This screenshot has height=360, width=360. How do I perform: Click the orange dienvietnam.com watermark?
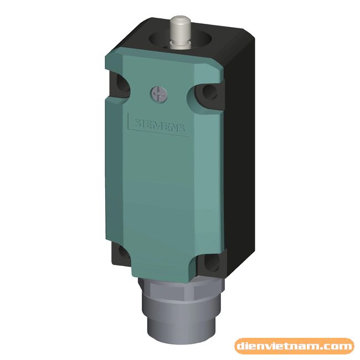tap(294, 347)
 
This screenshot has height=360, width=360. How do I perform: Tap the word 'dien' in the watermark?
tap(253, 347)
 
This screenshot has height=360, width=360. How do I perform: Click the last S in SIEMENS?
tap(184, 128)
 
